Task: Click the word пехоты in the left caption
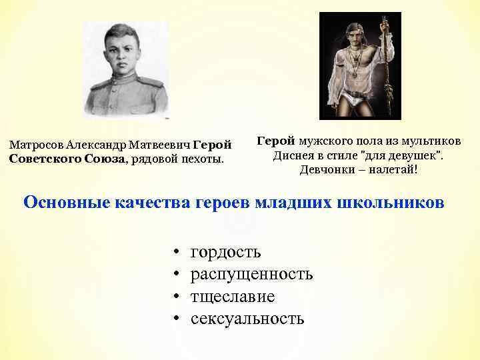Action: (x=203, y=159)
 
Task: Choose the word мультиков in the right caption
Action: (x=431, y=141)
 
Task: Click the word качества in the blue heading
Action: (x=157, y=202)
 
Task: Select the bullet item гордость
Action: (x=225, y=252)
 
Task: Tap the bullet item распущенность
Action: (x=251, y=274)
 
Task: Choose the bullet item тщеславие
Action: (x=232, y=296)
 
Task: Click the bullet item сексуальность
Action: (x=247, y=318)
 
